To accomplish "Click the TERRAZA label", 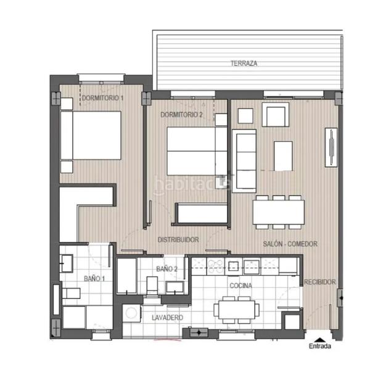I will (244, 64).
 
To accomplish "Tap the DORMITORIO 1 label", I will (103, 99).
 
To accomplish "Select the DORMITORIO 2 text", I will (182, 115).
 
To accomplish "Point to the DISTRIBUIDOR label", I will (178, 240).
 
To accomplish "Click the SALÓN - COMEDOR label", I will (289, 244).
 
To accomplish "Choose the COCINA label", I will (240, 286).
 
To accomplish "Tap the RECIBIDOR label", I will (320, 282).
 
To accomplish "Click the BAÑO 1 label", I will (94, 279).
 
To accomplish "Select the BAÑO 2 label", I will (166, 269).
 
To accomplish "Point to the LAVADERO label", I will (167, 318).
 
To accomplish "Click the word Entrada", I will (319, 347).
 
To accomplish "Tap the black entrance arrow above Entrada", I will (319, 338).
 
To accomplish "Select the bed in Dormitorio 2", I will (196, 152).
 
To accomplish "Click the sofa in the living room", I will (245, 160).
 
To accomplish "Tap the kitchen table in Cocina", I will (237, 308).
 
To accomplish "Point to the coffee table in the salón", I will (283, 156).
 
